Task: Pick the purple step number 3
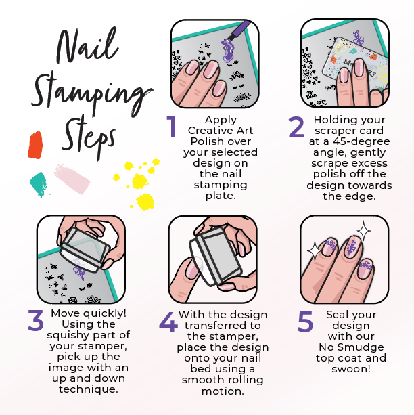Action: pos(35,320)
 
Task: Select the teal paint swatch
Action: pos(38,182)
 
